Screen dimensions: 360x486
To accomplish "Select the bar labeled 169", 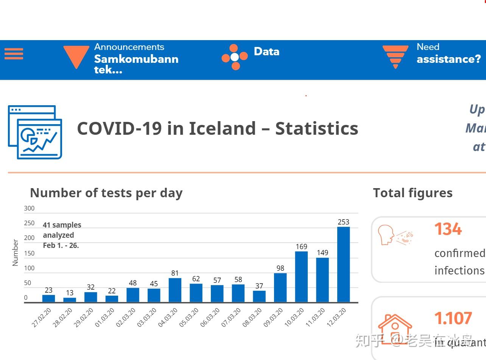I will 301,277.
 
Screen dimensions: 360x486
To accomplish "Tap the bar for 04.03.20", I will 175,290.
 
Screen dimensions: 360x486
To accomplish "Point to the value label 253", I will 343,222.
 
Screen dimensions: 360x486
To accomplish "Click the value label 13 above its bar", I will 70,293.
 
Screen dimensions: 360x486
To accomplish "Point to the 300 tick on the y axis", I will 29,208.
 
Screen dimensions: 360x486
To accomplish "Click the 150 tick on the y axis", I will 29,253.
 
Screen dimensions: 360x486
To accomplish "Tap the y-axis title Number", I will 16,252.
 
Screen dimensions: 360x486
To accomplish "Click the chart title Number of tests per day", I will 106,193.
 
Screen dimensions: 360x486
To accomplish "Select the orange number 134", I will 448,229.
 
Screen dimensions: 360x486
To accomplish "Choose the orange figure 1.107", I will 453,318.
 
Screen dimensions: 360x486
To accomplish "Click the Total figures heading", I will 413,193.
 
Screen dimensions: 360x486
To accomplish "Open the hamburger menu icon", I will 14,54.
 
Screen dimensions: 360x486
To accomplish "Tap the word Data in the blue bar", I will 266,51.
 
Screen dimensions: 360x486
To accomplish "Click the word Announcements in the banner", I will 129,47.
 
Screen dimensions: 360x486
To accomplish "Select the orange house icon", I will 395,328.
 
